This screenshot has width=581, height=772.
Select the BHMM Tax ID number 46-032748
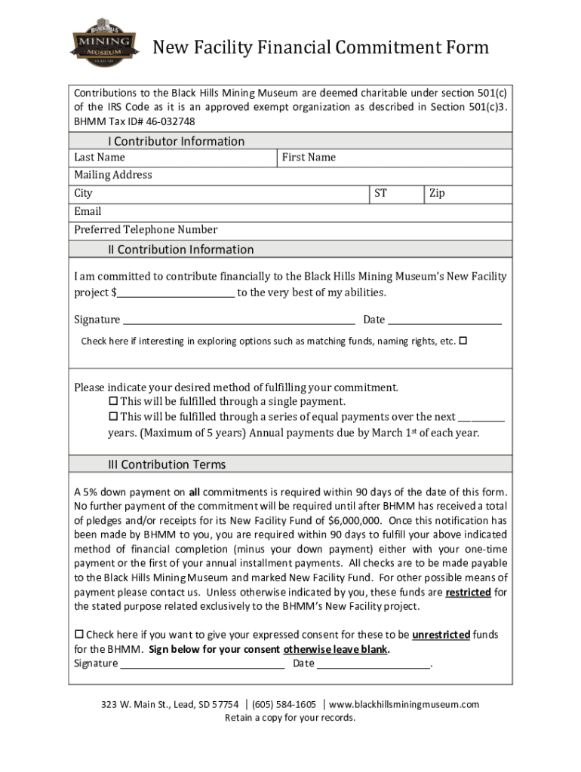(x=166, y=121)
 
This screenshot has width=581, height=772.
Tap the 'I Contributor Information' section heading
(x=176, y=141)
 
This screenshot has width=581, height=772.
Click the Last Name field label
(x=100, y=158)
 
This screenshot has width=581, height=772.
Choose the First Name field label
(x=309, y=158)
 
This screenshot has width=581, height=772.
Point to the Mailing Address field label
(x=113, y=175)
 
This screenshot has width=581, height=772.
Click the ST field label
(x=381, y=194)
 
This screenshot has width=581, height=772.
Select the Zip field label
(x=437, y=194)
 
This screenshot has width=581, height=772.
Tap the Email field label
(x=88, y=212)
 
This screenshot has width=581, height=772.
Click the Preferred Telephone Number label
(x=146, y=230)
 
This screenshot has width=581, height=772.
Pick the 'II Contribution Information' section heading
(x=180, y=250)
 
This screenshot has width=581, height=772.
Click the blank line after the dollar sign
(x=176, y=293)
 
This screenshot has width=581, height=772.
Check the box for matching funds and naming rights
(x=463, y=341)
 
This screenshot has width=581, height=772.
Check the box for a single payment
(x=114, y=401)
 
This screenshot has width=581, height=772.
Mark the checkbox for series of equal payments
(x=114, y=416)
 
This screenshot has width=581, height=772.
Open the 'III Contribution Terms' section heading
(x=166, y=464)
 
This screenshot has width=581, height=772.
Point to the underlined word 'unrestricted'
(x=441, y=635)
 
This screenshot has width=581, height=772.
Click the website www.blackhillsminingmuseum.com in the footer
(x=404, y=704)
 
